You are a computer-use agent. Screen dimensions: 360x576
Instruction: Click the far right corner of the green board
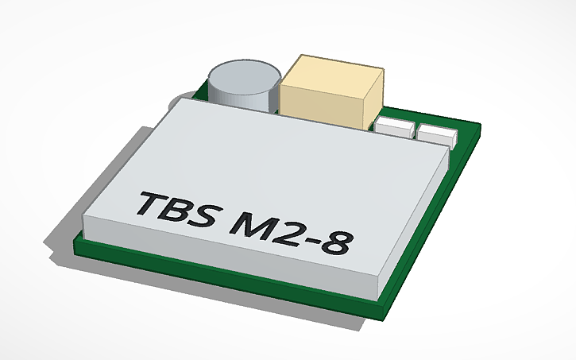[479, 127]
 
